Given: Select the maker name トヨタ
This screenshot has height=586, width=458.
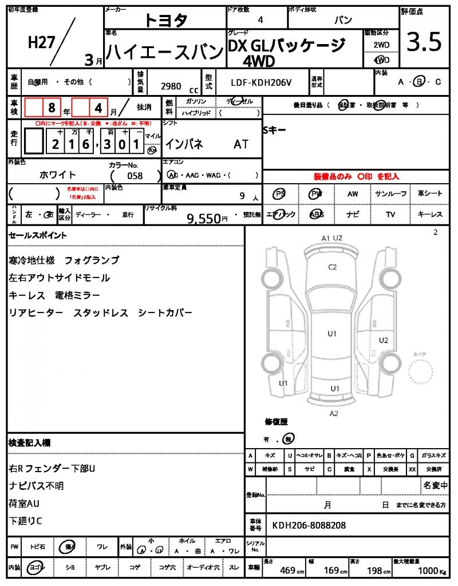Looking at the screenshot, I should tap(165, 21).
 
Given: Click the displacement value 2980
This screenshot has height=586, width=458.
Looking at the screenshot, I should tap(171, 86).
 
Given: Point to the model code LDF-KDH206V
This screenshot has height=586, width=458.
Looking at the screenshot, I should tap(261, 82).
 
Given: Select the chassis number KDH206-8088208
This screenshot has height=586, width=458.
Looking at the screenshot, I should tap(309, 525).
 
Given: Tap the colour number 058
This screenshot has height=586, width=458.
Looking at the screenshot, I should tap(135, 176).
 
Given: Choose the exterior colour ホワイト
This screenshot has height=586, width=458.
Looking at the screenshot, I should tap(57, 175).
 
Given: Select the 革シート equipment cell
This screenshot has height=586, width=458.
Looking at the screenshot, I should tap(429, 194).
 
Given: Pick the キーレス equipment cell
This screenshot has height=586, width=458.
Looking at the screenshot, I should tap(429, 215).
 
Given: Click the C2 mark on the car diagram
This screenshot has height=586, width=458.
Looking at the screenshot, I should tap(332, 267).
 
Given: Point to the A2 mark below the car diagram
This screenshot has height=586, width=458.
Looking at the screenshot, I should tap(334, 413).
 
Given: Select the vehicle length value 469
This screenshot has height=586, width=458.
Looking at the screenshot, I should tap(287, 571).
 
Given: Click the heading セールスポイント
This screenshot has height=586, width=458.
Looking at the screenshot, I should tap(38, 235).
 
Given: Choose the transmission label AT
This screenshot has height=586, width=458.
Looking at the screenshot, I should tap(241, 145).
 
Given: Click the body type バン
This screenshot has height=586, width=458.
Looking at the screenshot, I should tap(343, 20).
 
